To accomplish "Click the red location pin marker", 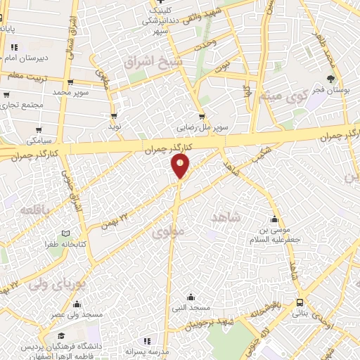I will [180, 166].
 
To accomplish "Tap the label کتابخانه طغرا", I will [46, 244].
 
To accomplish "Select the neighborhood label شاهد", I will [225, 217].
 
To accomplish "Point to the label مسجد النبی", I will [189, 308].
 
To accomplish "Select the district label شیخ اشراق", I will [153, 63].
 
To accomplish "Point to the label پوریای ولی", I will [56, 285].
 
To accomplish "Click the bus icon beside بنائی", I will [300, 302].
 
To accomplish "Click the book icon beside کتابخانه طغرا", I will [66, 233].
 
